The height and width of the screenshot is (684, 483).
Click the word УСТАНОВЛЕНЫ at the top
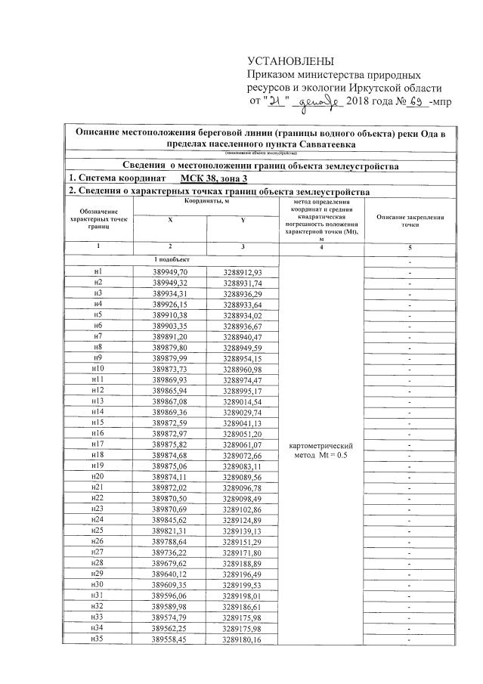pos(290,61)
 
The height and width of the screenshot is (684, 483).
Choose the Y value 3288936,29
pos(242,293)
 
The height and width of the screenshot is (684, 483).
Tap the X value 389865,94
pos(169,391)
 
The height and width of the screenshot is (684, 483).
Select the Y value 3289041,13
pos(242,423)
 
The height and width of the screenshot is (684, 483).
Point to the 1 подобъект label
pos(170,260)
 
